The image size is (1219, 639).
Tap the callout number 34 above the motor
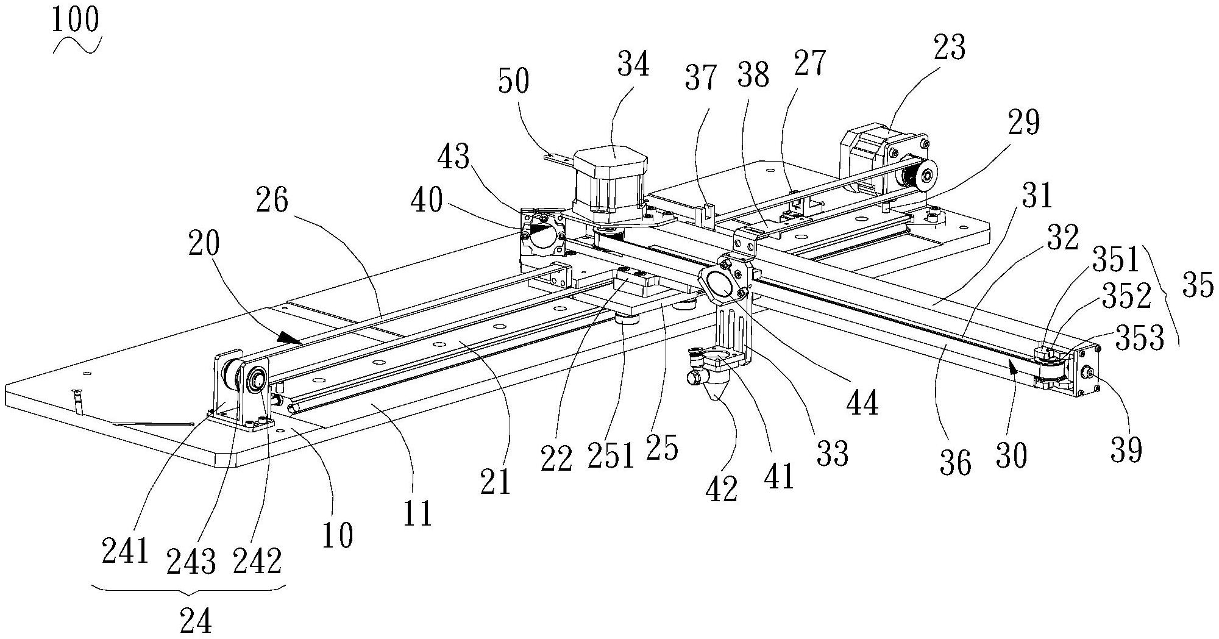tap(633, 64)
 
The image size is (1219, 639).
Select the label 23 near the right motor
tap(949, 48)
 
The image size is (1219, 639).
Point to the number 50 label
tap(513, 81)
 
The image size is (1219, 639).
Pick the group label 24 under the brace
tap(196, 621)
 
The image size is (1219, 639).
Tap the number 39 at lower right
tap(1126, 450)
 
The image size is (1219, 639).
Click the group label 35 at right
tap(1197, 285)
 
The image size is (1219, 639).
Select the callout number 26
tap(272, 200)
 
